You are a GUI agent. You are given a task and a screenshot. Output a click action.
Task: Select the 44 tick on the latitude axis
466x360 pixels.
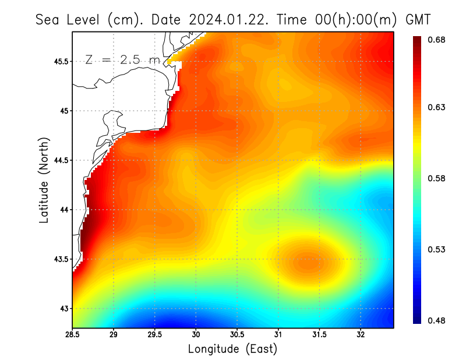pyautogui.click(x=64, y=210)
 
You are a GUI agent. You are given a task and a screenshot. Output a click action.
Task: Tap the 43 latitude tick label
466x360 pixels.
pyautogui.click(x=64, y=308)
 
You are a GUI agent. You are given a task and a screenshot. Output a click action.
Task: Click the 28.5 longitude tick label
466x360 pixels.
pyautogui.click(x=73, y=335)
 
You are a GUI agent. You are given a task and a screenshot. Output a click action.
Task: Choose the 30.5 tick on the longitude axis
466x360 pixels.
pyautogui.click(x=237, y=335)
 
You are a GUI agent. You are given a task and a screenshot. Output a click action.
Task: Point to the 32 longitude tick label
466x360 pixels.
pyautogui.click(x=361, y=335)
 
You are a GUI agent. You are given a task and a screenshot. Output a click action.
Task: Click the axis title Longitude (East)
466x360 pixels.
pyautogui.click(x=232, y=349)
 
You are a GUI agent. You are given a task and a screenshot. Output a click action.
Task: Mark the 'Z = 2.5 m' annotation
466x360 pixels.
pyautogui.click(x=122, y=60)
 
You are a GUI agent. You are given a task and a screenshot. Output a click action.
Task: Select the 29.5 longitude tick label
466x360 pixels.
pyautogui.click(x=155, y=335)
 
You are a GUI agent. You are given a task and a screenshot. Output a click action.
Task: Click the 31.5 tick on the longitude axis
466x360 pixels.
pyautogui.click(x=319, y=335)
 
